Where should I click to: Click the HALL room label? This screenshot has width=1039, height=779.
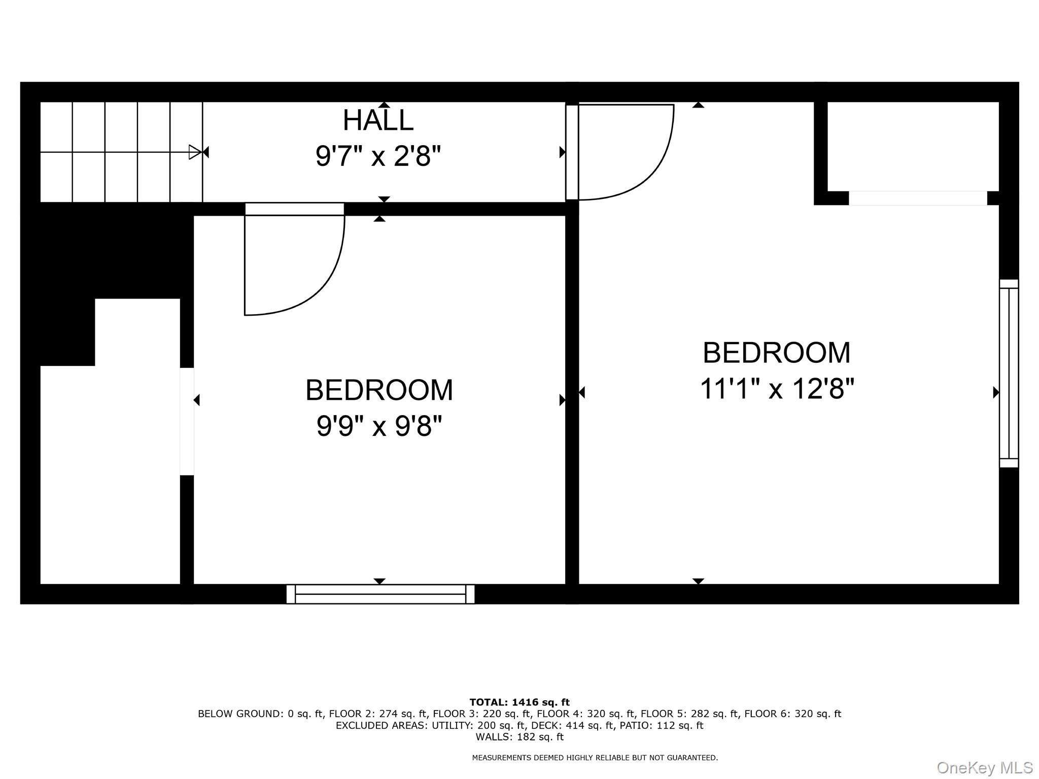(378, 120)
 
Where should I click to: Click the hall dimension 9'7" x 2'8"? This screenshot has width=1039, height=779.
(378, 156)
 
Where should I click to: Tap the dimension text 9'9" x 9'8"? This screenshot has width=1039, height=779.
(379, 425)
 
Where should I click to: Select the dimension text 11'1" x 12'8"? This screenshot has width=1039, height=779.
(777, 389)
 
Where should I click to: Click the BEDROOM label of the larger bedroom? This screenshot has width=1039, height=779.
(776, 353)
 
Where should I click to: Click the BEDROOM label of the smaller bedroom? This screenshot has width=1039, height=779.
(379, 390)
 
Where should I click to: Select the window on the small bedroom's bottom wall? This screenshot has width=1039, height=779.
(380, 594)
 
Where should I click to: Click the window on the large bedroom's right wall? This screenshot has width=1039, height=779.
(1009, 373)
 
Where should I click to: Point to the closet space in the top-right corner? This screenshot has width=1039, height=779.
(913, 146)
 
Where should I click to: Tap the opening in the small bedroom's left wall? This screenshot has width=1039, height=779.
(187, 421)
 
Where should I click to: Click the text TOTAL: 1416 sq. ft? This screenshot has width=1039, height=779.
(519, 702)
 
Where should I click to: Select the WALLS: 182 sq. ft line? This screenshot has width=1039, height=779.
(519, 737)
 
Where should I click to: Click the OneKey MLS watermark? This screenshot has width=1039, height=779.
(984, 768)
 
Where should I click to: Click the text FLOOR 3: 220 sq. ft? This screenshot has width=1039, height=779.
(480, 714)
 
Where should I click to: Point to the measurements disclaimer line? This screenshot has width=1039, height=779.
(595, 758)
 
